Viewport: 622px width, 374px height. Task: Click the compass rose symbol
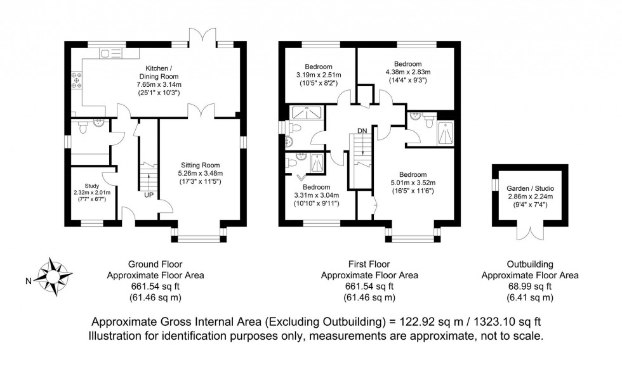point(51,274)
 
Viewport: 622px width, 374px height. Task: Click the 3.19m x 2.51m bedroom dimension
point(318,75)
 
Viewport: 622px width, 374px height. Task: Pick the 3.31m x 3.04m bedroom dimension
point(316,195)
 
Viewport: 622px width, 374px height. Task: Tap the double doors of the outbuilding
point(527,232)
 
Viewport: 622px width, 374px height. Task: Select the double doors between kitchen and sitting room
point(201,112)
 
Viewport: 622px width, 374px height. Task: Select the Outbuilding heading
point(530,264)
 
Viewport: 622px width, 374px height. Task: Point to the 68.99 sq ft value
point(530,287)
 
